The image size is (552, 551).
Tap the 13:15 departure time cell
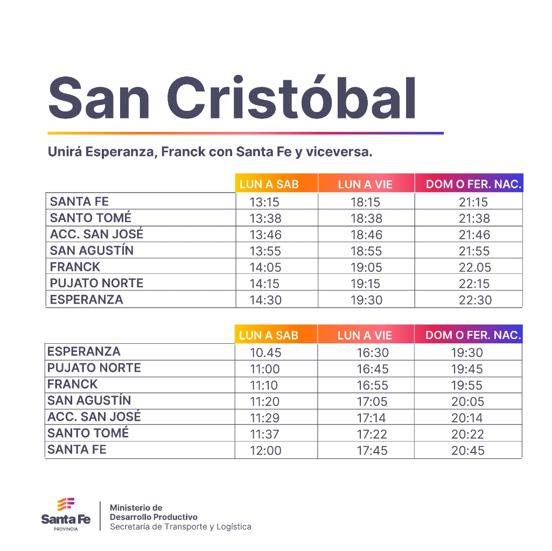(x=265, y=202)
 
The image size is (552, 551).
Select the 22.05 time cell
(x=475, y=267)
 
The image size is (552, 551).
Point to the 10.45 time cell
(x=265, y=353)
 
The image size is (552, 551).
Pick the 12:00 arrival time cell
(x=265, y=451)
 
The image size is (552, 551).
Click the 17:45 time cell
(x=372, y=451)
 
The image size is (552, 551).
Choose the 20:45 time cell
(x=467, y=451)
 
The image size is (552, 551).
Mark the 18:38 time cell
(x=366, y=218)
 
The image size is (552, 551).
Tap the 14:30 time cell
(x=265, y=300)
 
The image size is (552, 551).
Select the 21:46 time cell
(x=474, y=235)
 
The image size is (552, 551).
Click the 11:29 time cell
(x=265, y=418)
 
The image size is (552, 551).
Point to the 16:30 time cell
(x=372, y=353)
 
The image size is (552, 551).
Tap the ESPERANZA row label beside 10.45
(x=84, y=352)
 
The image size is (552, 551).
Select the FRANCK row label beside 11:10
(x=73, y=384)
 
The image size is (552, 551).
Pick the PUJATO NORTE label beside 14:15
(x=96, y=283)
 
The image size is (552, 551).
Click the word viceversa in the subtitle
(x=339, y=152)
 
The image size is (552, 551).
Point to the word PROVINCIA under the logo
(x=66, y=529)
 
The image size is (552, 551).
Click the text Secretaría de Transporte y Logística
(x=180, y=527)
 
